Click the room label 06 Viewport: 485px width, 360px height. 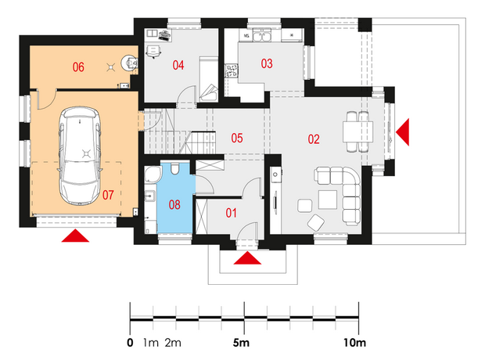tap(78, 67)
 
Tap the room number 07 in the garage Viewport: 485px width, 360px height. tap(108, 195)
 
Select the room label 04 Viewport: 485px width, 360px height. tap(178, 65)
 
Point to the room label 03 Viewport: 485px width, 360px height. tap(267, 63)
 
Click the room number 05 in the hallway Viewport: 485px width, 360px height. tap(237, 138)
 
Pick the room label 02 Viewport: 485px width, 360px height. tap(314, 139)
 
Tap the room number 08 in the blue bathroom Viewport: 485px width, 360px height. tap(174, 204)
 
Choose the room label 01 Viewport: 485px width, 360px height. tap(231, 213)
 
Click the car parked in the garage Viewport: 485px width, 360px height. tap(80, 156)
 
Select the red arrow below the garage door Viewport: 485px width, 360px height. tap(75, 236)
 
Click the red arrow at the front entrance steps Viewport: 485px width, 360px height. tap(247, 258)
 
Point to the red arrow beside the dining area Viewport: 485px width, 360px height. tap(403, 131)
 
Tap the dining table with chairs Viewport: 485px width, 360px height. tap(357, 131)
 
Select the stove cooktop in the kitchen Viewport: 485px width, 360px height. tap(232, 70)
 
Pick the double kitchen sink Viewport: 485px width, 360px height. tap(262, 35)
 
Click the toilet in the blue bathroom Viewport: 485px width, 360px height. tap(174, 168)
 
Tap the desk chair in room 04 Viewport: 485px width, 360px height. tap(153, 51)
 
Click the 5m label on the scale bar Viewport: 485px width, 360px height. tap(241, 343)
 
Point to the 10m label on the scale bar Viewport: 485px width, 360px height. tap(355, 343)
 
